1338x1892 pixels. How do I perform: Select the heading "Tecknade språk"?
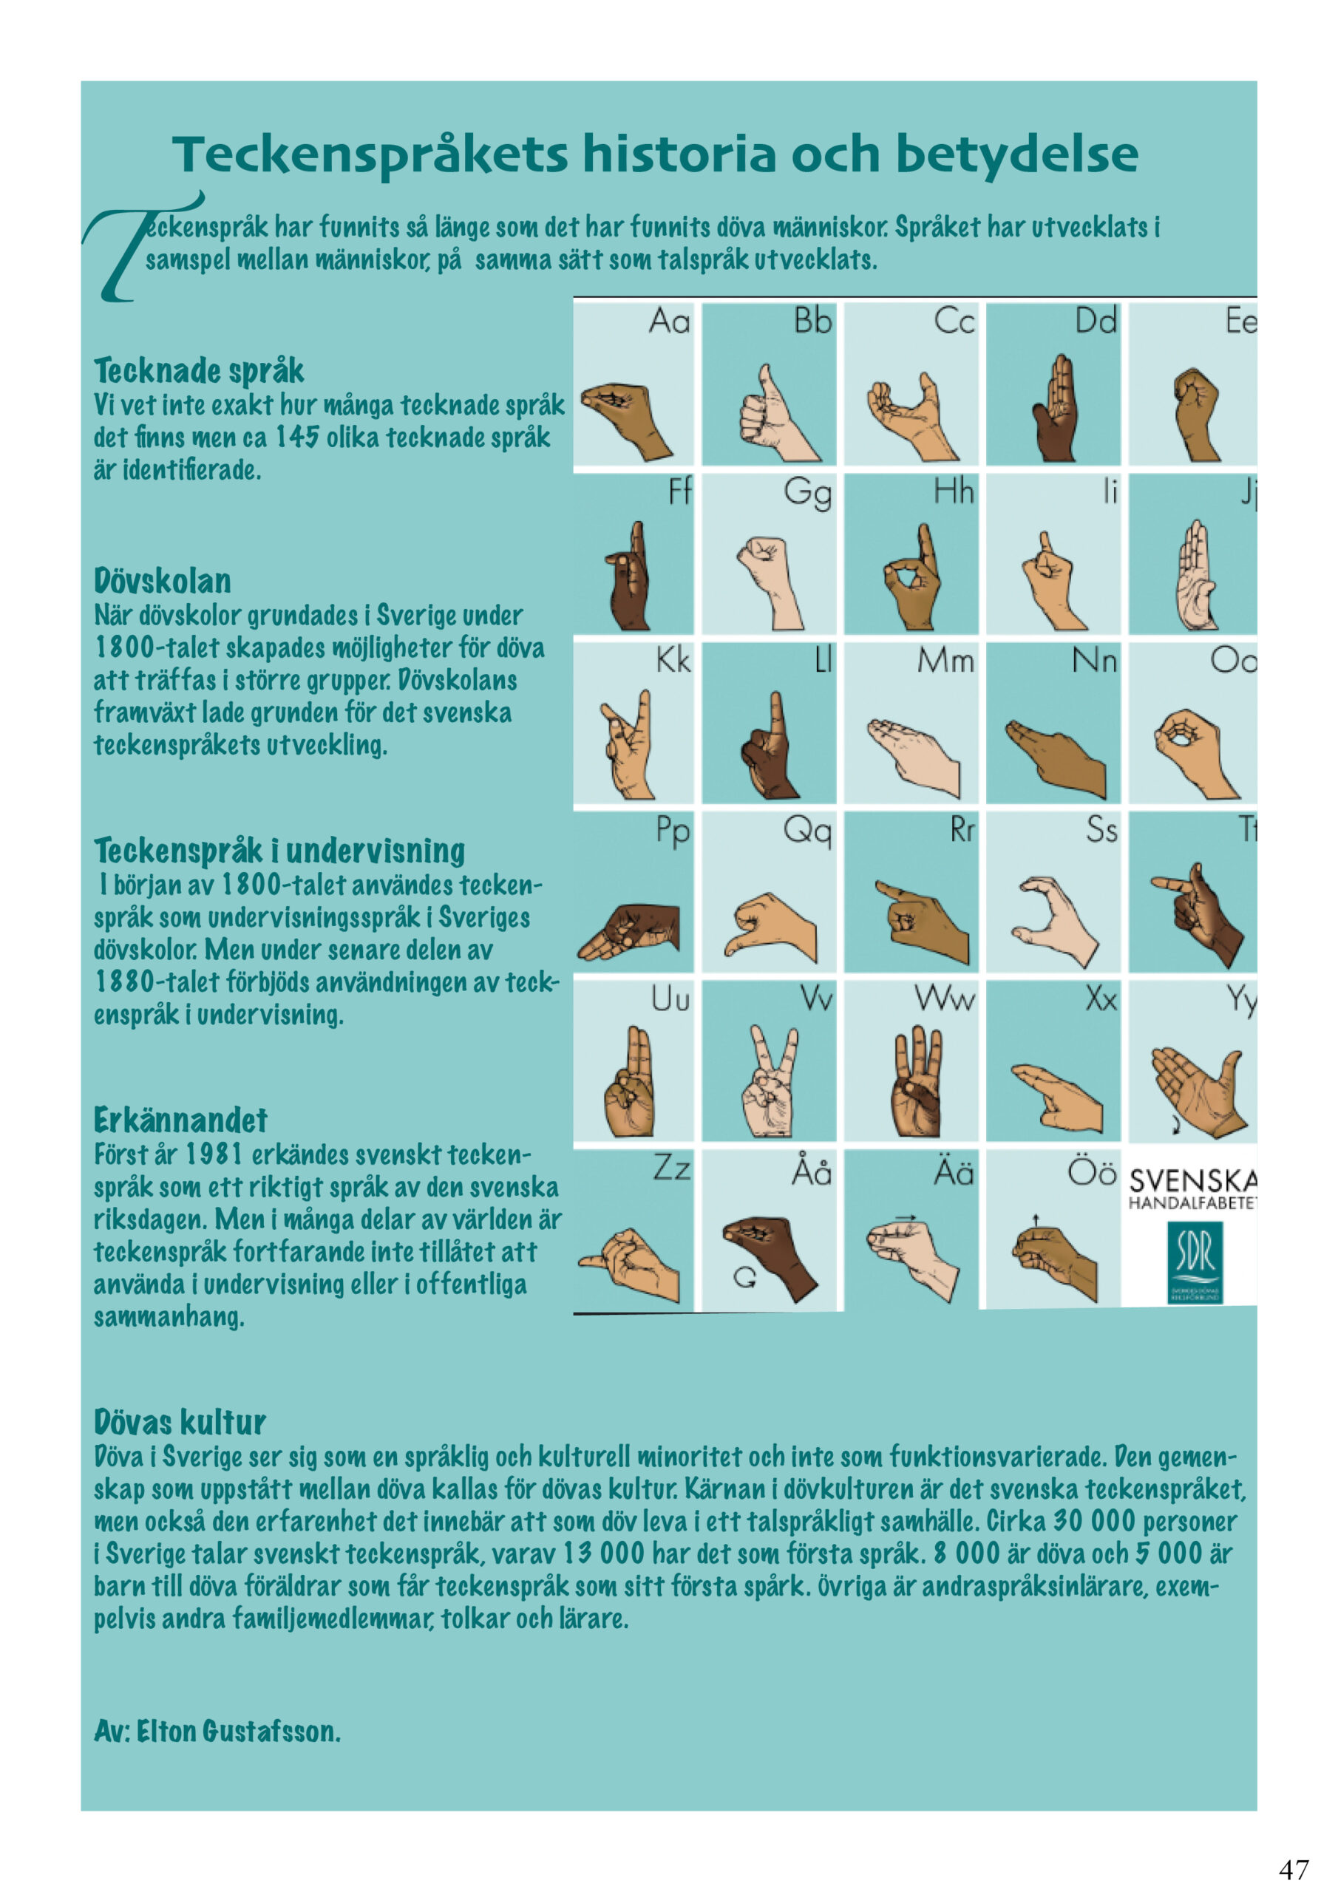pos(199,371)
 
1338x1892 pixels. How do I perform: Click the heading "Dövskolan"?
pos(163,581)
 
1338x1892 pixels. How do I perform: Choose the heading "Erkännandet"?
pos(180,1120)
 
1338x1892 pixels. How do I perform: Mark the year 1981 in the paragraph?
pos(214,1154)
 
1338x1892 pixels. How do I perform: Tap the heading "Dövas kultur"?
pos(180,1422)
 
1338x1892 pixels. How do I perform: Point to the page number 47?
pos(1294,1868)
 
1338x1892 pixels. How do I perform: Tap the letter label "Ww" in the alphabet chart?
pos(945,999)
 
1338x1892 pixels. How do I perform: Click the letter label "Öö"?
pos(1092,1171)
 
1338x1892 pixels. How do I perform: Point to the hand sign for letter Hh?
pos(911,576)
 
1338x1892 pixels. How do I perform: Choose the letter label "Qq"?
pos(807,831)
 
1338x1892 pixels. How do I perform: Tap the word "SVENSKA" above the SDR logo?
pos(1192,1180)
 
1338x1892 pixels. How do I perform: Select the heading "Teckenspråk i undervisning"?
pos(279,851)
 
